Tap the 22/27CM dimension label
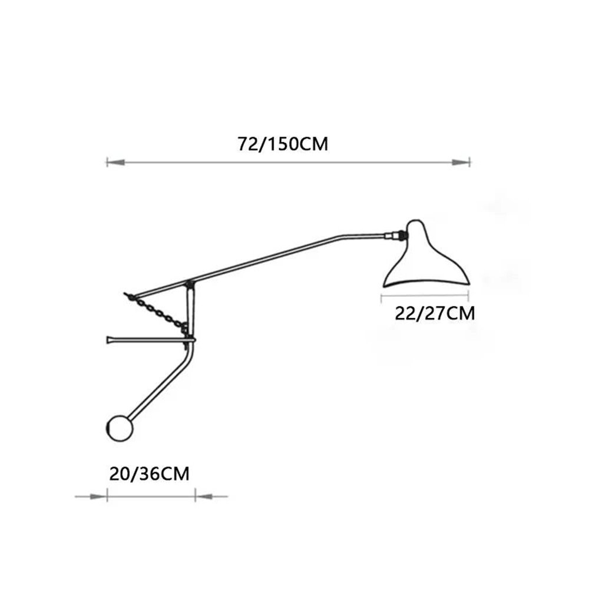coord(434,313)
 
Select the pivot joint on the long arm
coord(189,284)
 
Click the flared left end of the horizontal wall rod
coord(110,339)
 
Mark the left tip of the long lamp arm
coord(126,293)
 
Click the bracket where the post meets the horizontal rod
coord(190,339)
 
